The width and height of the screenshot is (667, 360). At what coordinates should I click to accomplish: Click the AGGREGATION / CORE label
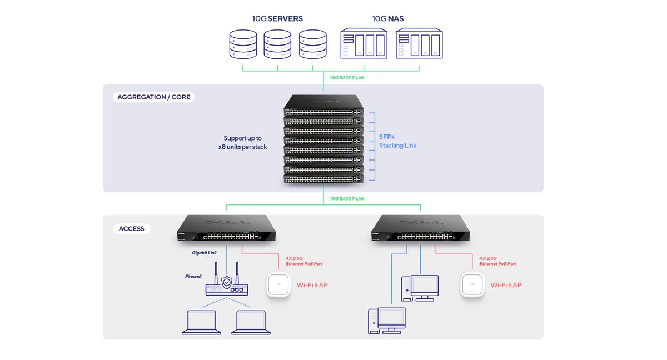pyautogui.click(x=153, y=97)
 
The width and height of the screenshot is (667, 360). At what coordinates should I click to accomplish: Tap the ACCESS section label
pyautogui.click(x=131, y=229)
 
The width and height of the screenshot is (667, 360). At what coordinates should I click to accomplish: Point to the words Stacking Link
pyautogui.click(x=397, y=146)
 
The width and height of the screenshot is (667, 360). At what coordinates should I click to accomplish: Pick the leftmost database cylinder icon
pyautogui.click(x=243, y=44)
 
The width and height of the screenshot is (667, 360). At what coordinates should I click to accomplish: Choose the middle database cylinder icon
pyautogui.click(x=277, y=44)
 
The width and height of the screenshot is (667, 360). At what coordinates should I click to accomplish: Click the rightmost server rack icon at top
pyautogui.click(x=419, y=44)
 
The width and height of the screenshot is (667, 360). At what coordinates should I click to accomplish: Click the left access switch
pyautogui.click(x=227, y=229)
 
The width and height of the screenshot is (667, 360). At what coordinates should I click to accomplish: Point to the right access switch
pyautogui.click(x=420, y=229)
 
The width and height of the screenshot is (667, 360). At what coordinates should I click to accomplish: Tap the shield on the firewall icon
pyautogui.click(x=226, y=283)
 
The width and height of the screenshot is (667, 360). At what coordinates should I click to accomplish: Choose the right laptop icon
pyautogui.click(x=251, y=322)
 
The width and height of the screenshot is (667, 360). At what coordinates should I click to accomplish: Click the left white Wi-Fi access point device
pyautogui.click(x=279, y=286)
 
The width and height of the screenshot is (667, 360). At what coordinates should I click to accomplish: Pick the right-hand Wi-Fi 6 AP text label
pyautogui.click(x=506, y=285)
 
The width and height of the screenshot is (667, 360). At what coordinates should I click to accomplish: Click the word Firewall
pyautogui.click(x=193, y=276)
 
